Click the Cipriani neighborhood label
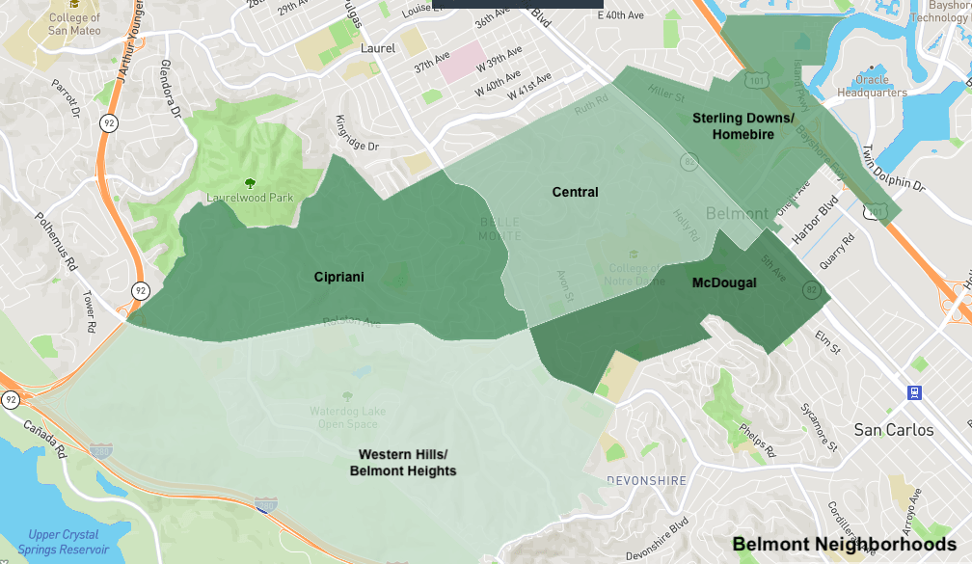click(x=338, y=277)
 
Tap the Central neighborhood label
click(x=575, y=192)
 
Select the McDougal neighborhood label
click(x=724, y=282)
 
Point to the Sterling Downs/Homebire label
click(x=742, y=126)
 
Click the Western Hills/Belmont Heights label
click(x=403, y=462)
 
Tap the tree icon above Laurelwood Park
click(x=251, y=182)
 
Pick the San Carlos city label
click(x=894, y=430)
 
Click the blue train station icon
click(x=913, y=392)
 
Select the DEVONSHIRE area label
click(x=646, y=480)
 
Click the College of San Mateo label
click(x=74, y=23)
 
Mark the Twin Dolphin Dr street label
click(x=893, y=169)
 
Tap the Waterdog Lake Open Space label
click(x=346, y=417)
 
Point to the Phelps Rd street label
click(x=757, y=440)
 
